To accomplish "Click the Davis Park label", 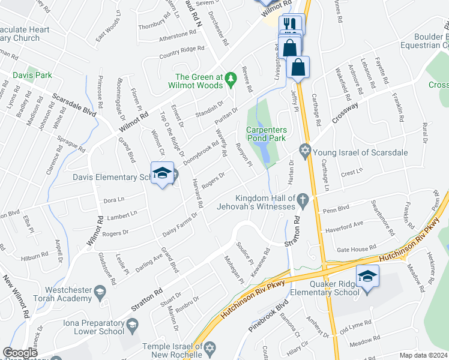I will click(33, 76).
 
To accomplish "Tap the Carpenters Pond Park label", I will click(266, 134).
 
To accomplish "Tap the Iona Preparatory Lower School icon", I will click(133, 325).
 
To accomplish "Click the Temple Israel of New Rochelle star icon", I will click(209, 347).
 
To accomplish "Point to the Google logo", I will click(20, 353).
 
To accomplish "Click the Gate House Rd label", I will click(356, 247).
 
